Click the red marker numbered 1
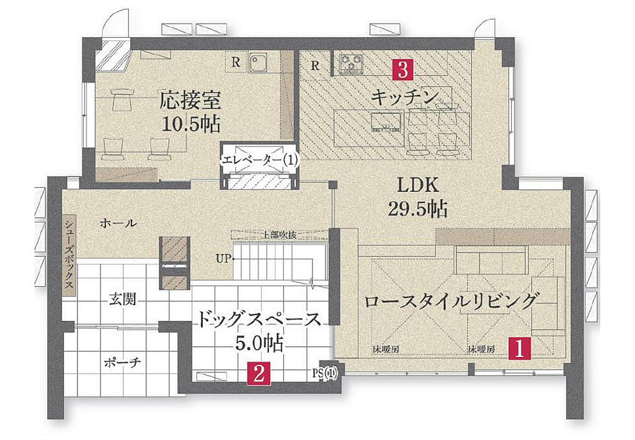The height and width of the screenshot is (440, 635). point(520,349)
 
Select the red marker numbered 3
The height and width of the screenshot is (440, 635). point(402,70)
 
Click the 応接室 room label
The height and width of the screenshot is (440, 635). point(190,100)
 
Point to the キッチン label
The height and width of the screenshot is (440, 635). point(405,97)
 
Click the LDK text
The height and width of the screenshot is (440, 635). point(417,185)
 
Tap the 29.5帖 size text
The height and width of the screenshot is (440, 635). point(417,209)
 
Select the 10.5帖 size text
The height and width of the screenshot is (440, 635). point(191,123)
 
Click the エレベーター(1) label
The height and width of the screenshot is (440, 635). point(259,160)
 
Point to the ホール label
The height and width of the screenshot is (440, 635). point(118,223)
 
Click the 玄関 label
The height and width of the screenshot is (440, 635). point(122,300)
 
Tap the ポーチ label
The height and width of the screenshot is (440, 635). point(122,362)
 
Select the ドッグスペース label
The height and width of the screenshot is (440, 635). point(259,320)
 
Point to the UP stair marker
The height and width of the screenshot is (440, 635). point(223,259)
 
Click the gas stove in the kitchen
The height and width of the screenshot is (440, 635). point(352,64)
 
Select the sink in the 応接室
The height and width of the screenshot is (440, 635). point(257,63)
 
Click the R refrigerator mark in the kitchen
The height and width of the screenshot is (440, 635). point(316,66)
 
